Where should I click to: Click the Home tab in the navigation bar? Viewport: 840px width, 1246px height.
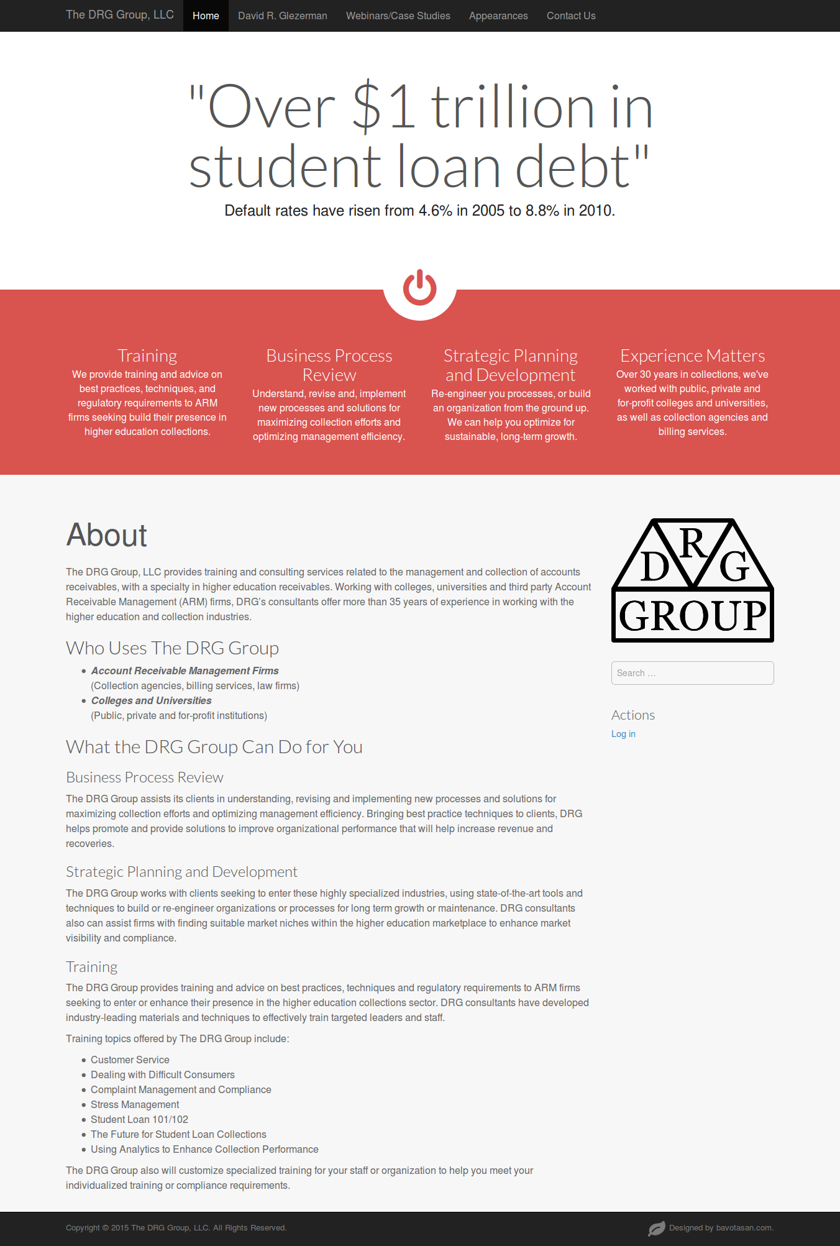(206, 16)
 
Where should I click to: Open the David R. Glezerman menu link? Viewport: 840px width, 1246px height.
(282, 16)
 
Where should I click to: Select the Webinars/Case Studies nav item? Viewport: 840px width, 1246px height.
(398, 16)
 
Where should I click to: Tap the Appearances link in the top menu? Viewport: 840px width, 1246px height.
(498, 16)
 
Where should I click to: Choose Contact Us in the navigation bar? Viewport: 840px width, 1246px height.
(571, 16)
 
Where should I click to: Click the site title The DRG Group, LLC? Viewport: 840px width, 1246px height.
(120, 15)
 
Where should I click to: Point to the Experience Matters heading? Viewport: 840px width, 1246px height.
(692, 355)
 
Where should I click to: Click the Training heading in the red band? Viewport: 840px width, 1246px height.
(147, 355)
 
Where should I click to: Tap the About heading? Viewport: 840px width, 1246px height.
(107, 535)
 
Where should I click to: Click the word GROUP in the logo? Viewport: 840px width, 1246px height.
(693, 616)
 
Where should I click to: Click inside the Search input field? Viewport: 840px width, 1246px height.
(692, 673)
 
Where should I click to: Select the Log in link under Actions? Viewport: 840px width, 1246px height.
(623, 734)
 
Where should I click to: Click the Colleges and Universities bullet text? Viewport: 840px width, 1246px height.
(151, 700)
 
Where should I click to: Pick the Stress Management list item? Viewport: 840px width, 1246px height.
(135, 1104)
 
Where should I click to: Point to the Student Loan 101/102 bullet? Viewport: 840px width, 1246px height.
(139, 1119)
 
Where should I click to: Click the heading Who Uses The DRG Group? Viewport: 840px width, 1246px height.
(172, 648)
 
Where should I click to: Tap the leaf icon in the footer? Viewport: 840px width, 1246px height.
(656, 1229)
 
